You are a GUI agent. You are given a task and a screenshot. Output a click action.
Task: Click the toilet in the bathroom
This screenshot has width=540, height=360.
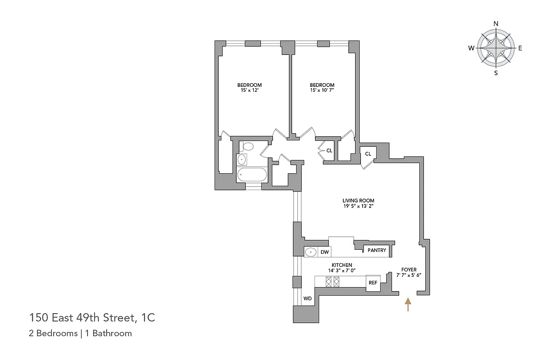[x=247, y=146]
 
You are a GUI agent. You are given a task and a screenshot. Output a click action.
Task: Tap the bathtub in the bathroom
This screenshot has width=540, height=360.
[x=252, y=175]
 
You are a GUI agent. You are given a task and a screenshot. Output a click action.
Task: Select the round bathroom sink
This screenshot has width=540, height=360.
[x=242, y=159]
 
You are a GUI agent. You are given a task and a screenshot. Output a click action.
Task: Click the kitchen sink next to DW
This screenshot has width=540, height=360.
[x=311, y=252]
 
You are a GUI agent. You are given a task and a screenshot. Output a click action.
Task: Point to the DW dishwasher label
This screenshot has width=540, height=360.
[x=324, y=252]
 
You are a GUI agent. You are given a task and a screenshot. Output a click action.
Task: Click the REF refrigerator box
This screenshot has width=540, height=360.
[x=373, y=283]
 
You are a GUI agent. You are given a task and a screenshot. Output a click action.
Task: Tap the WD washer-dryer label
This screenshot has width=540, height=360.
[x=307, y=298]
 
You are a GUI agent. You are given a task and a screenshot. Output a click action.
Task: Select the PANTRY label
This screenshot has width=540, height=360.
[x=377, y=250]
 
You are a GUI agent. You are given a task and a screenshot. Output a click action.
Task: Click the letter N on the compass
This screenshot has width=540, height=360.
[x=496, y=24]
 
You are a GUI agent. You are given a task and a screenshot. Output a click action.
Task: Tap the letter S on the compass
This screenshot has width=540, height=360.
[x=496, y=73]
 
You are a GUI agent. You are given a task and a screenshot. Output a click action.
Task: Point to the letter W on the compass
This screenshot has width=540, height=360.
[x=471, y=48]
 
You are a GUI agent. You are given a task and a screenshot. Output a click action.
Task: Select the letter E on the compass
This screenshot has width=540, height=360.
[x=520, y=48]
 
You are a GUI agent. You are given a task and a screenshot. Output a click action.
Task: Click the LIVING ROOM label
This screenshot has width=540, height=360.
[x=358, y=201]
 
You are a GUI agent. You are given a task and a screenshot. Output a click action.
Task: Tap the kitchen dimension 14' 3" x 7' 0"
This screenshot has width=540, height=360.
[x=342, y=271]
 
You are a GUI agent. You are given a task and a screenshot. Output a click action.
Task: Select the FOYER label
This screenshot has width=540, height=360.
[x=409, y=270]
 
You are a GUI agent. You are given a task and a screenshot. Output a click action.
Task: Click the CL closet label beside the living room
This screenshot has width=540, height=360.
[x=368, y=154]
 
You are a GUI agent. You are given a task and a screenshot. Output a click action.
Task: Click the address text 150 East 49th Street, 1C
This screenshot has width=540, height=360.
[x=92, y=318]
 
